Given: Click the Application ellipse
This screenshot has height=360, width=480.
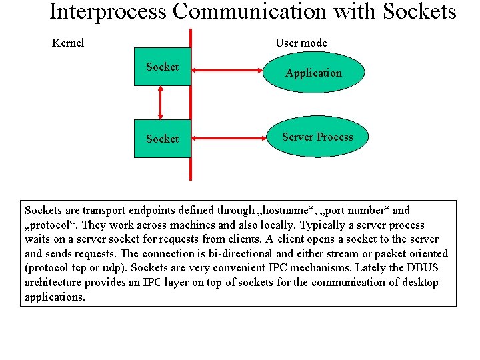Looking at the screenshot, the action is tap(313, 73).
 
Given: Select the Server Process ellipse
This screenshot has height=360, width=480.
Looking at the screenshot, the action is tap(317, 137).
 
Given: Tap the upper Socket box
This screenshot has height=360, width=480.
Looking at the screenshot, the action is tap(162, 67).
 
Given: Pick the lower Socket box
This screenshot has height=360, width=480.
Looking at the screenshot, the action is tap(162, 139).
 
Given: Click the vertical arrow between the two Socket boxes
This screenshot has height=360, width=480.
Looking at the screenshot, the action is tap(161, 103).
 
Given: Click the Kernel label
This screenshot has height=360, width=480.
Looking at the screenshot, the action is tap(68, 43).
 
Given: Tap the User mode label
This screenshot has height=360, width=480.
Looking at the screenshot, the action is tap(301, 43).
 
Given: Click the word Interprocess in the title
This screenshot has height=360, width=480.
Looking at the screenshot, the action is tap(109, 12).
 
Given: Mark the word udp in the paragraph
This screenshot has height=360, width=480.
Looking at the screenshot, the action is tap(115, 268).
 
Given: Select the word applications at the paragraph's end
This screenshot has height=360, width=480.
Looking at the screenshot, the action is tap(55, 297).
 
